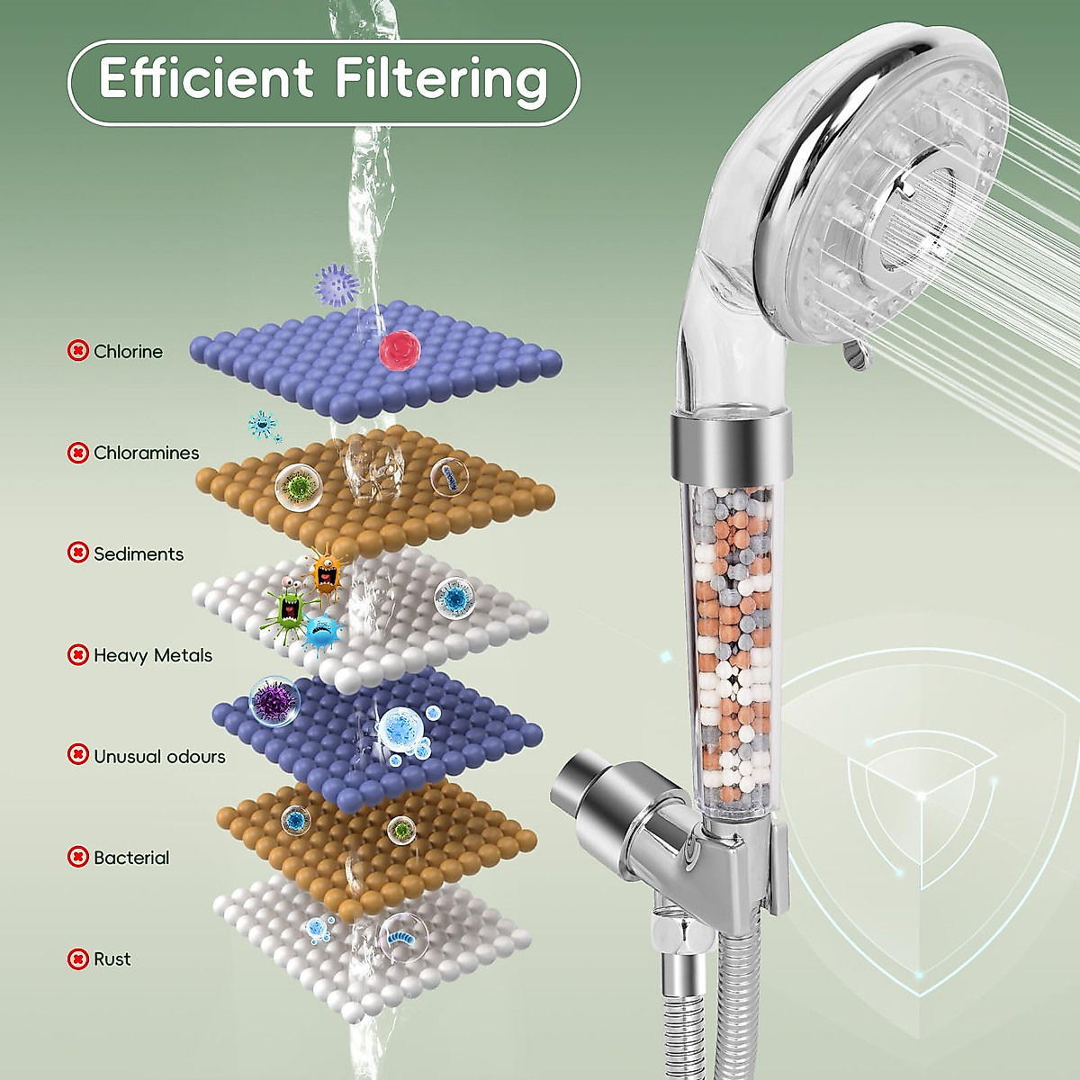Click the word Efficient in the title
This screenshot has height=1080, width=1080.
pos(206,79)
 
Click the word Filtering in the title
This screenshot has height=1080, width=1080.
pos(441,79)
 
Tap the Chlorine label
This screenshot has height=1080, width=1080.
pos(128,351)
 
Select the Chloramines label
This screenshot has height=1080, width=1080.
pos(146,453)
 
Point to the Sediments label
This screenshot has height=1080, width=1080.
pos(138,553)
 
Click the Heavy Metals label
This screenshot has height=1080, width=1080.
pos(153,655)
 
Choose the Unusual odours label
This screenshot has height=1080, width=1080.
pos(159,756)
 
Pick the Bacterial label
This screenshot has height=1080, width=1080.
pos(131,858)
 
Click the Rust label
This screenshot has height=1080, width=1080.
pos(112,959)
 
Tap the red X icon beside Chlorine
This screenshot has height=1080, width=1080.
pos(78,351)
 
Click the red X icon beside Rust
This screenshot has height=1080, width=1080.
pos(78,959)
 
